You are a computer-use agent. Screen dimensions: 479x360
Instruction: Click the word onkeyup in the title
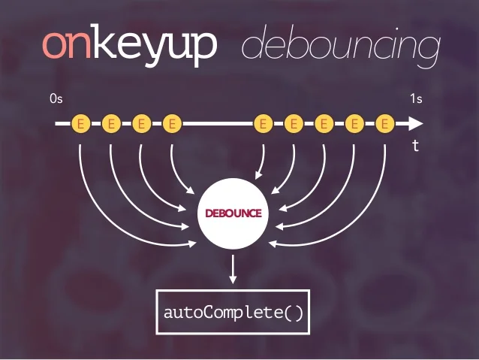point(129,45)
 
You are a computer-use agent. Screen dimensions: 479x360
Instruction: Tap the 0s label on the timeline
point(56,98)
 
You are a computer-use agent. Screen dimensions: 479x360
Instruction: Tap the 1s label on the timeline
point(416,98)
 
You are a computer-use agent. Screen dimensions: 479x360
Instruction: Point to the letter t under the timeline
point(415,147)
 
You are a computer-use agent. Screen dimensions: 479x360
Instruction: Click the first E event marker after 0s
point(80,123)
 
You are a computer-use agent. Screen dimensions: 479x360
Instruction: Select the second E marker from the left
point(110,123)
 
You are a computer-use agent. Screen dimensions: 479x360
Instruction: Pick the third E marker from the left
point(141,123)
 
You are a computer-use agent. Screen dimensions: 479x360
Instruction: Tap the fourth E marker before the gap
point(172,123)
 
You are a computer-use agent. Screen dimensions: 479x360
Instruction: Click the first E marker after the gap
point(263,123)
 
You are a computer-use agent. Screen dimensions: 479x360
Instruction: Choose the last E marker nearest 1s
point(385,123)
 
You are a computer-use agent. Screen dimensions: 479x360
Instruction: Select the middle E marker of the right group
point(324,123)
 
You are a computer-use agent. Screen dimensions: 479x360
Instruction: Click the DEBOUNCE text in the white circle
point(233,213)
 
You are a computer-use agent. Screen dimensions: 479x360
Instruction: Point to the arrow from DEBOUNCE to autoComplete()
point(233,269)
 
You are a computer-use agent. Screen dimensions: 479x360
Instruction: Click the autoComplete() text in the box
point(233,311)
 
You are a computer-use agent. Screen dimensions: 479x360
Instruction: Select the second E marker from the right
point(355,123)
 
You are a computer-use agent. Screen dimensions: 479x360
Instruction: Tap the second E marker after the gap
point(294,123)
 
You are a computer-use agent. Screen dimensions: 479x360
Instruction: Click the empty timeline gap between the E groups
point(218,123)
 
